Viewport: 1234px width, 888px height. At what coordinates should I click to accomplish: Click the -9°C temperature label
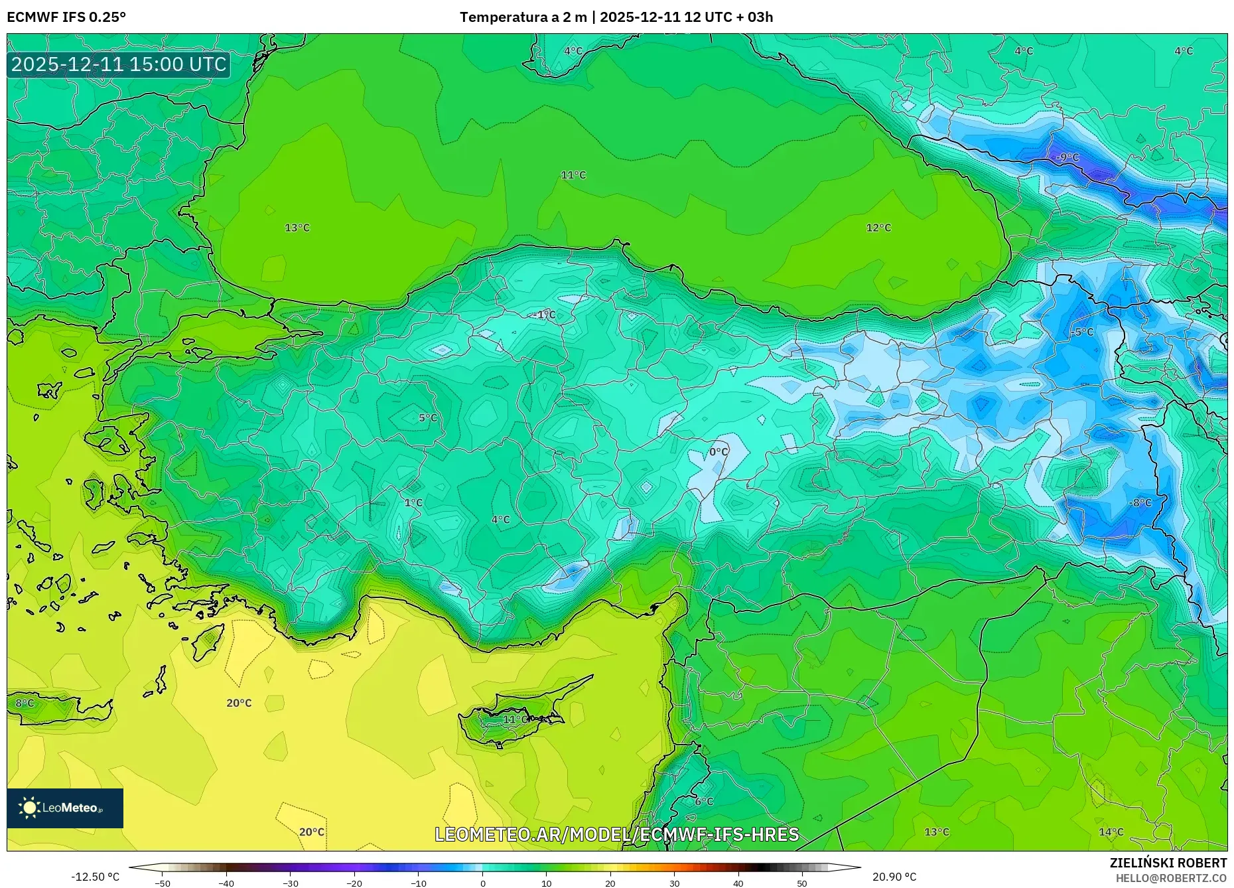(1067, 157)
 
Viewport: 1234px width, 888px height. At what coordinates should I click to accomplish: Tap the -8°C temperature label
(1140, 503)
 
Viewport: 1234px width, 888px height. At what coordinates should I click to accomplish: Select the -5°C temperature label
(1081, 332)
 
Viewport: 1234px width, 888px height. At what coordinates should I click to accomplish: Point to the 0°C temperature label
(719, 452)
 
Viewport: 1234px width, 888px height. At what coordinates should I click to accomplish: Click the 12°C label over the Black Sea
(878, 228)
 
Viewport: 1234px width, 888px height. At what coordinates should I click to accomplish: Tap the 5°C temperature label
(428, 418)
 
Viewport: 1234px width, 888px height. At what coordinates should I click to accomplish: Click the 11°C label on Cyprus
(515, 719)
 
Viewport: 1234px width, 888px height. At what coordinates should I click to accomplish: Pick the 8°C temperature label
(25, 703)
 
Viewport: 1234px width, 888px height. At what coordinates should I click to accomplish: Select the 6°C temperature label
(704, 802)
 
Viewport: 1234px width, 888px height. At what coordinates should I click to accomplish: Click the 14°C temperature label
(1111, 832)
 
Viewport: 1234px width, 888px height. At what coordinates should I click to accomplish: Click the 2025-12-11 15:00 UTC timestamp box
(119, 64)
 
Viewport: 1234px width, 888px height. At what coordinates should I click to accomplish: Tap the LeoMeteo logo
(65, 808)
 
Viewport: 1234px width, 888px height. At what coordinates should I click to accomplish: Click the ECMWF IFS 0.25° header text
(66, 17)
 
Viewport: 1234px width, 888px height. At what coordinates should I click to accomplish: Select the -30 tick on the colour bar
(291, 883)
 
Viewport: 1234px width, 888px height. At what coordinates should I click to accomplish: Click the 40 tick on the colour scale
(738, 883)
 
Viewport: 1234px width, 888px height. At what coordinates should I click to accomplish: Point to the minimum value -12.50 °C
(96, 877)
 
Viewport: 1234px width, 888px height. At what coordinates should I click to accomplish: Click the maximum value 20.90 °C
(894, 877)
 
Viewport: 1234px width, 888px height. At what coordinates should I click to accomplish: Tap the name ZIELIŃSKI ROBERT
(1168, 863)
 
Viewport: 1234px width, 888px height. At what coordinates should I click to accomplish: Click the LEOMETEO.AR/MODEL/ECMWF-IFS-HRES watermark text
(616, 834)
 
